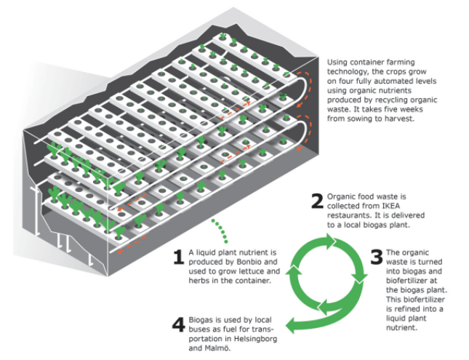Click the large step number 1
point(177,255)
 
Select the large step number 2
point(316,201)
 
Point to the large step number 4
point(177,322)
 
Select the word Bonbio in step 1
point(241,260)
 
